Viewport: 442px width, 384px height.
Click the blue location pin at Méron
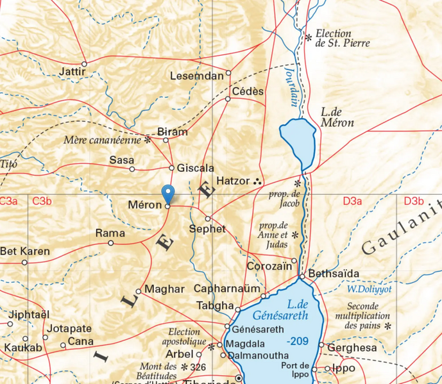click(168, 194)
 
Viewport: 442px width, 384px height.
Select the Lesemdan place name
click(196, 76)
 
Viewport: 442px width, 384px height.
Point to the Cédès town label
click(248, 92)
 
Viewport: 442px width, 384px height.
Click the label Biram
click(173, 132)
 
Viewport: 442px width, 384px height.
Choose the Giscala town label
click(196, 168)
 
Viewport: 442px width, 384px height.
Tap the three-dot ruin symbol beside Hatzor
click(258, 181)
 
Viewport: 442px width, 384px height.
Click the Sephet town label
click(207, 229)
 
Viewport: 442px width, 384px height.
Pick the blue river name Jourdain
click(291, 86)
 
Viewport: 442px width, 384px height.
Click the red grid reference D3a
click(352, 201)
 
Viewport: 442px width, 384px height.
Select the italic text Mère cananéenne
click(102, 140)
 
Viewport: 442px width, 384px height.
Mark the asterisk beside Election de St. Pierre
click(309, 38)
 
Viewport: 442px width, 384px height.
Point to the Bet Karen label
click(25, 251)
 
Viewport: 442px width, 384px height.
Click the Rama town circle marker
click(111, 243)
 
